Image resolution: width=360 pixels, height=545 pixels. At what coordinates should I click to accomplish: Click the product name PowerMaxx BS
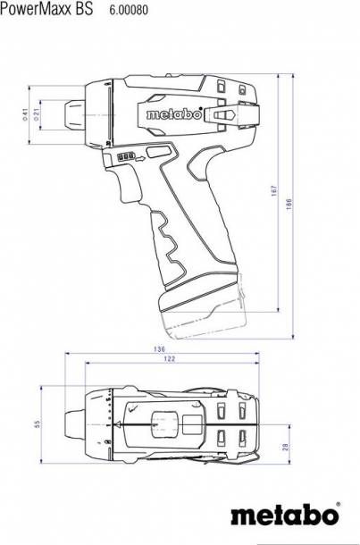[45, 9]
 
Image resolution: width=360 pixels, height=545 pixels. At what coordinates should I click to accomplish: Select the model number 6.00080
[129, 10]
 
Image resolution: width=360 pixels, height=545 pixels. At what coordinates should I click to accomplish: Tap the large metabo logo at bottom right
[284, 516]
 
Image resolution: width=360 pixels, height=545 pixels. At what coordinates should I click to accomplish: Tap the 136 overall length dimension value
[159, 349]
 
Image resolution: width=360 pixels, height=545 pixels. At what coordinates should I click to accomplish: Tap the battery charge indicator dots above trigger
[125, 156]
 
